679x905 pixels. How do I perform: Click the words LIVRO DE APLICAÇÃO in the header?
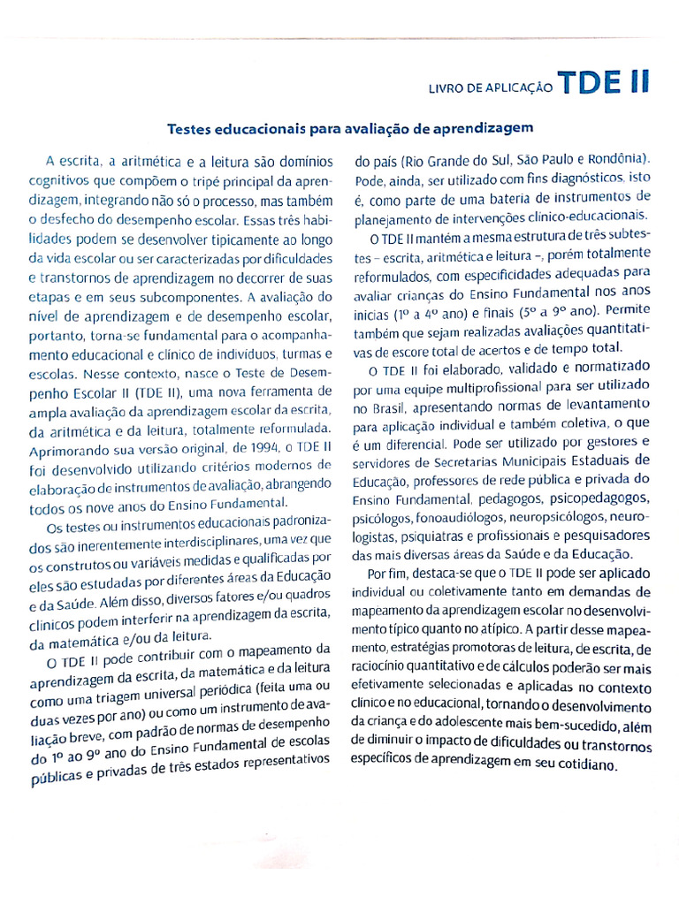(x=491, y=88)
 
